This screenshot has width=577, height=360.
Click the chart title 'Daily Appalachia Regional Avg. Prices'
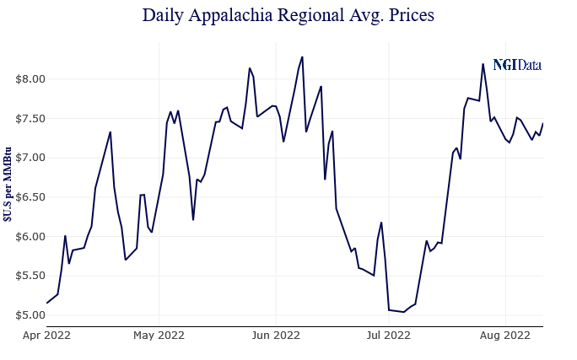[x=288, y=15]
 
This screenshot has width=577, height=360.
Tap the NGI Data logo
[x=516, y=65]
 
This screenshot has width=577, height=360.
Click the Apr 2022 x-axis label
[x=46, y=335]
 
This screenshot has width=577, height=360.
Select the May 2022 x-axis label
[x=159, y=335]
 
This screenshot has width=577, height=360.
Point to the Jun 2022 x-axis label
[x=276, y=335]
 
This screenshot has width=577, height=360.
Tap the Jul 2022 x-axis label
[x=389, y=335]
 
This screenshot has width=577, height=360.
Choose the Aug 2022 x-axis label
[x=505, y=335]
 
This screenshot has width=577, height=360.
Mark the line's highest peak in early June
[x=302, y=57]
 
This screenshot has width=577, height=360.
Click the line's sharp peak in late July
[x=483, y=64]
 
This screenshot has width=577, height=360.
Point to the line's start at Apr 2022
[x=47, y=303]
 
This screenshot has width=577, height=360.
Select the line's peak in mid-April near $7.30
[x=111, y=132]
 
